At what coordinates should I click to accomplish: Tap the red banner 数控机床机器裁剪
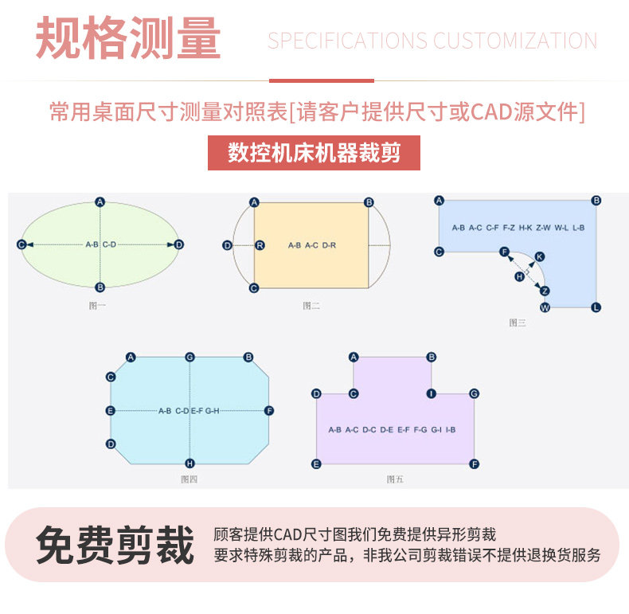click(314, 152)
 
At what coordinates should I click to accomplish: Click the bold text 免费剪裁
click(115, 546)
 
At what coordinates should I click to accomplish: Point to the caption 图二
click(311, 305)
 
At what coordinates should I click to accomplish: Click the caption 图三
click(518, 323)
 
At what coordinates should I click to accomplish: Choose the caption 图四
click(189, 479)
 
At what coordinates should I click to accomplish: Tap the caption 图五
click(395, 479)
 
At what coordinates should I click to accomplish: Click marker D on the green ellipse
click(179, 244)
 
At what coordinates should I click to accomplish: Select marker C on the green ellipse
click(21, 244)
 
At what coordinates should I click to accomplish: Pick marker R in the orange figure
click(260, 245)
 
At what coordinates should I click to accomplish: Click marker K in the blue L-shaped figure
click(540, 256)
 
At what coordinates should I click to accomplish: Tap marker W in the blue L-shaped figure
click(545, 307)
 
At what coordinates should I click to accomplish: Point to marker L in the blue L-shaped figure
click(596, 307)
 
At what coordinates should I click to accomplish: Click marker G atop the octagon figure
click(189, 358)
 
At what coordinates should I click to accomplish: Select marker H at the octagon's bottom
click(189, 463)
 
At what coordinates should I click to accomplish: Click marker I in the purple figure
click(432, 393)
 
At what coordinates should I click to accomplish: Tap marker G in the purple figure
click(474, 393)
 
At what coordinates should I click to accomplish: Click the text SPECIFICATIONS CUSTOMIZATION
click(432, 41)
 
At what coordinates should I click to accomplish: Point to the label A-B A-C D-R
click(312, 245)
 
